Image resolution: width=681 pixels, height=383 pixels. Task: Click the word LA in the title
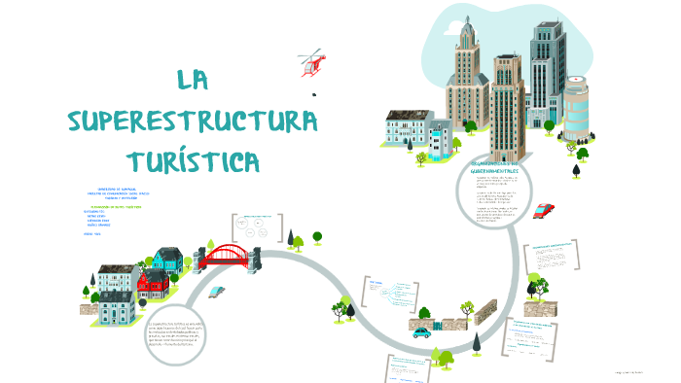pyautogui.click(x=195, y=81)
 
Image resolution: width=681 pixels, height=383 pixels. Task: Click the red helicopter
pyautogui.click(x=312, y=65)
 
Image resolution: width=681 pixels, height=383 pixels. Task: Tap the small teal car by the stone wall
pyautogui.click(x=421, y=332)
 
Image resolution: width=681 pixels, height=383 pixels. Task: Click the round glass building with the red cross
pyautogui.click(x=577, y=107)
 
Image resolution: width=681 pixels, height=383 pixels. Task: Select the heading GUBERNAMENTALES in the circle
pyautogui.click(x=493, y=170)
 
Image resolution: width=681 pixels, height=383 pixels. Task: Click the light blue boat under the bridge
pyautogui.click(x=216, y=290)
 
